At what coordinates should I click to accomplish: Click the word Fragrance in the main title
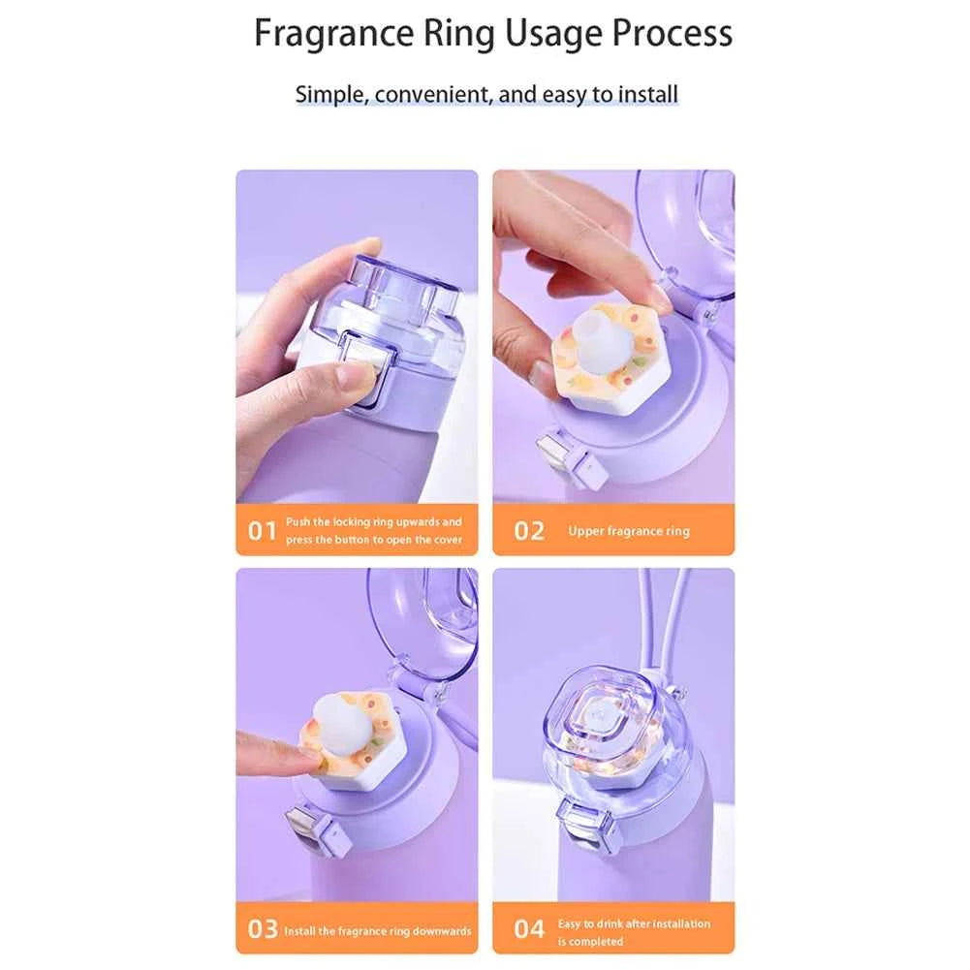334,33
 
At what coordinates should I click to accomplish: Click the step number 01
263,531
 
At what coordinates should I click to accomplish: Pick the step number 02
529,531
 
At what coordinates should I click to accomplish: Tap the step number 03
263,929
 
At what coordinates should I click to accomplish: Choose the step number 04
529,929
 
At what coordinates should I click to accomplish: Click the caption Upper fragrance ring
629,531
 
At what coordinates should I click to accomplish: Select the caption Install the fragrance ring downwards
377,930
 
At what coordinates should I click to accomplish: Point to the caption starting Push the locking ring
374,531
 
